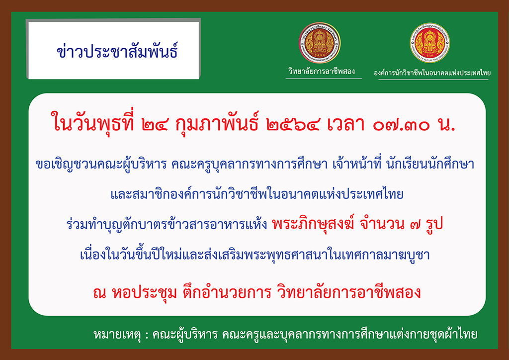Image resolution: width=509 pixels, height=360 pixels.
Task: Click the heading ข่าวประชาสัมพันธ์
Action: pos(117,51)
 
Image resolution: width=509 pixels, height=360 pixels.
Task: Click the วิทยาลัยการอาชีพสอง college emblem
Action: pos(320,43)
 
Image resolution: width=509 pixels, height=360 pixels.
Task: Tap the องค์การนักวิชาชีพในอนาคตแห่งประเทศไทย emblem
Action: pos(429,43)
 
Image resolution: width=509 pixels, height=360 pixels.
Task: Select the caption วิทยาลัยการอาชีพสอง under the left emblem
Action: pos(322,71)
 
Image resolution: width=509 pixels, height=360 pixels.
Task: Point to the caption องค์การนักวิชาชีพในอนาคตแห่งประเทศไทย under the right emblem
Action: pos(432,73)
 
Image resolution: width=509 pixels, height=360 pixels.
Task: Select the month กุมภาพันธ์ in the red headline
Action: pos(217,125)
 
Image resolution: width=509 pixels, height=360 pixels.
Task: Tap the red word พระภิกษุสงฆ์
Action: pos(313,224)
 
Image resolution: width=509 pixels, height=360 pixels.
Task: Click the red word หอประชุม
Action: pos(145,293)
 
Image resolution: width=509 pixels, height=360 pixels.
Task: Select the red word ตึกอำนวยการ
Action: pos(227,292)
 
